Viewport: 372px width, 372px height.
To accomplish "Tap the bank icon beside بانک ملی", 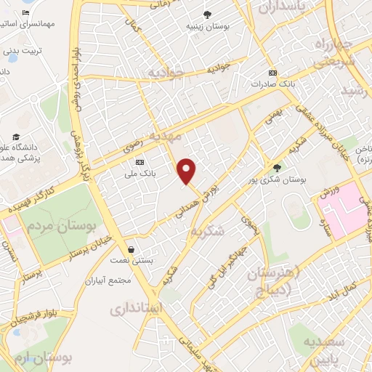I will point(139,161).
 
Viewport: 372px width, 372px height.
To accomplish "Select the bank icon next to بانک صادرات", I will point(272,73).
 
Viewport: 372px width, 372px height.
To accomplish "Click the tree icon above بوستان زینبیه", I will point(207,15).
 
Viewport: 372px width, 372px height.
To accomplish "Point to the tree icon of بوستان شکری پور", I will point(276,167).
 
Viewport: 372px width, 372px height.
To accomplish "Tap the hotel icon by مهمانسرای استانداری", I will point(26,13).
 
